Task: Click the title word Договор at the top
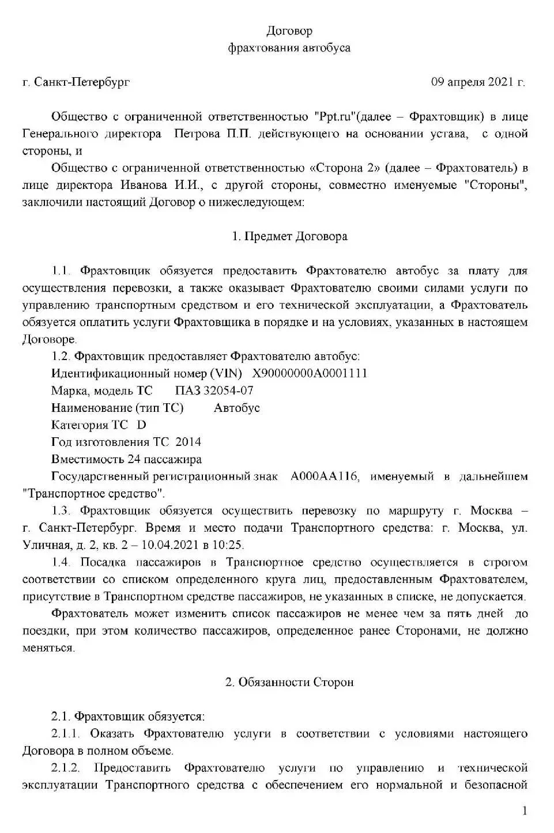tap(289, 31)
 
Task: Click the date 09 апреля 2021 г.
tap(478, 82)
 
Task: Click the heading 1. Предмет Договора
tap(289, 236)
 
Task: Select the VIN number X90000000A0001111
tap(310, 373)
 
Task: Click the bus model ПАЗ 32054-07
tap(214, 391)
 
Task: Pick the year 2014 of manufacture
tap(188, 442)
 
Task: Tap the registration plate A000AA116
tap(325, 476)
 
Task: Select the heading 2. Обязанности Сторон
tap(289, 682)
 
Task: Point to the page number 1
tap(525, 811)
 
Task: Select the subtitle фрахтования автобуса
tap(289, 48)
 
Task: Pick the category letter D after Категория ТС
tap(142, 425)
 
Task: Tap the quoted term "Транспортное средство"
tap(94, 494)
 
